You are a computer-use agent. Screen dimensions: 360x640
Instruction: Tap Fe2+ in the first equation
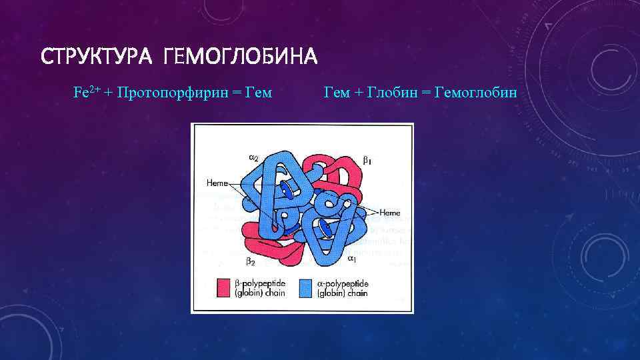86,92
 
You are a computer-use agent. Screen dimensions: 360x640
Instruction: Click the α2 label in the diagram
254,157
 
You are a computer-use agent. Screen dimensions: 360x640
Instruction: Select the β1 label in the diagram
367,160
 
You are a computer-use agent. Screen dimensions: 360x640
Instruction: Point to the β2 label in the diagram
250,261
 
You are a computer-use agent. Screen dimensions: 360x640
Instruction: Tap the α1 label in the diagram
351,257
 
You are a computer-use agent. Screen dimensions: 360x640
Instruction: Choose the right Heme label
389,212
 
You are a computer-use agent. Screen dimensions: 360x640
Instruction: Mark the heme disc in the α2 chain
286,191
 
